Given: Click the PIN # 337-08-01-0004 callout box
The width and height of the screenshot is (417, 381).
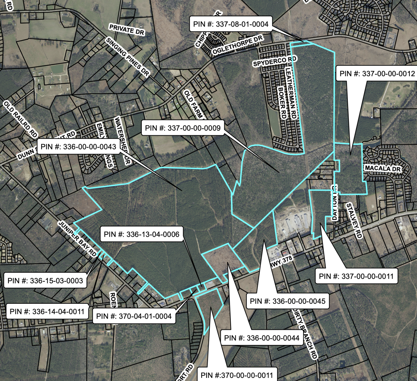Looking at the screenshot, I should tap(231, 24).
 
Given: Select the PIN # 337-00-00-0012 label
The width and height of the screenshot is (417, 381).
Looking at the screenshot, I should tap(377, 74).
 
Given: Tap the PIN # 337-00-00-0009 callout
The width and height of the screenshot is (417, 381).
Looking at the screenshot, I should tap(183, 128).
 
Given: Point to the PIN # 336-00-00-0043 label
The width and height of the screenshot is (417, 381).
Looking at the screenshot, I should tap(78, 147).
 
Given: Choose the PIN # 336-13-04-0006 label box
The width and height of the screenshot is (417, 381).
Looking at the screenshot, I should tap(141, 234).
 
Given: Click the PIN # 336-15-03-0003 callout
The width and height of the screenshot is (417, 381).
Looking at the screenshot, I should tap(45, 281).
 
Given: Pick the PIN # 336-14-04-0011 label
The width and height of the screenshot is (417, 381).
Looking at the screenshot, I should tap(47, 312).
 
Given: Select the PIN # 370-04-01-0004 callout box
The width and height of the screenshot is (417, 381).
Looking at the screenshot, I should tap(134, 316).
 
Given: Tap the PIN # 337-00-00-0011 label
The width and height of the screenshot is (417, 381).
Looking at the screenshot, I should tap(356, 276).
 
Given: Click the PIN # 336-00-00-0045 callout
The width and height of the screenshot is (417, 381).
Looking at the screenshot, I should tap(288, 301).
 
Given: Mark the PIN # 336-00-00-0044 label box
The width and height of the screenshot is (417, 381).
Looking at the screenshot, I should tap(262, 338).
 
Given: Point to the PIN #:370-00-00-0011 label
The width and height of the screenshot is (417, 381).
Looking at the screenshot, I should tap(237, 375).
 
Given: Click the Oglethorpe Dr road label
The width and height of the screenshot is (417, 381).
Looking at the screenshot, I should tap(237, 45).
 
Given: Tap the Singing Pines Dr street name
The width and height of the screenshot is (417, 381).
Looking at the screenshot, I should tap(128, 56).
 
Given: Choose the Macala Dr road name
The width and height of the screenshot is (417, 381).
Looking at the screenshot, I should tap(383, 168).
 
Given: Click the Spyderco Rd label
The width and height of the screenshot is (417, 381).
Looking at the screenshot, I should tap(275, 61).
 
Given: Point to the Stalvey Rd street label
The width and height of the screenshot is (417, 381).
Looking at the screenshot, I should tap(354, 220).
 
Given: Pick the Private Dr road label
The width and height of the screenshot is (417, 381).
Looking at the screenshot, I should tap(127, 30).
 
